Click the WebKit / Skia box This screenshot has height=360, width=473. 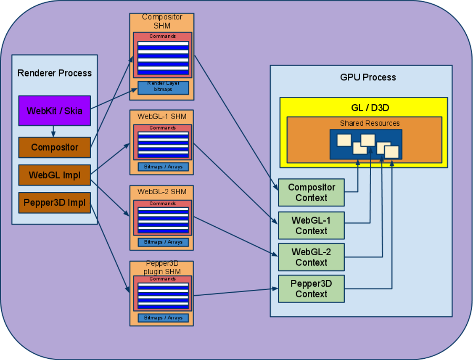[x=54, y=111]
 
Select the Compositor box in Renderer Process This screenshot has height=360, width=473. [x=54, y=147]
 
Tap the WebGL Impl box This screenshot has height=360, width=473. [x=54, y=175]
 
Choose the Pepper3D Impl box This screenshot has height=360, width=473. [x=54, y=203]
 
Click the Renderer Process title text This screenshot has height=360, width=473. [x=54, y=73]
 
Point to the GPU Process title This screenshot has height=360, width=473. [x=368, y=77]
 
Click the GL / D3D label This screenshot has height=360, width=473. [x=364, y=108]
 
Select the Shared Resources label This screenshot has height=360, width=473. [x=364, y=123]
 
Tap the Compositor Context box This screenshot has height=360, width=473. [x=311, y=193]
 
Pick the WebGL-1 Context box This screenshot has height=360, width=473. [x=311, y=225]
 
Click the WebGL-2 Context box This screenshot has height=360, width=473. [x=311, y=257]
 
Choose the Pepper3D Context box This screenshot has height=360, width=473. [x=311, y=289]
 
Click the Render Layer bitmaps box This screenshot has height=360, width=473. [x=163, y=87]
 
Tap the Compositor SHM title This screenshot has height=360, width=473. [x=162, y=21]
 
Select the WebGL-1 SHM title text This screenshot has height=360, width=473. [x=162, y=116]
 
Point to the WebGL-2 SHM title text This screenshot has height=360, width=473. [x=162, y=192]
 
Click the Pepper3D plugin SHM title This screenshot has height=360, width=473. [x=162, y=268]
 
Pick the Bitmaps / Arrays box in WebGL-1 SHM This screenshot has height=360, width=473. [x=163, y=167]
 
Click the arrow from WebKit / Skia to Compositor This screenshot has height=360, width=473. [x=53, y=131]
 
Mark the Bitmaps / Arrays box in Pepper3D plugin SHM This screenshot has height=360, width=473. [x=163, y=318]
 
